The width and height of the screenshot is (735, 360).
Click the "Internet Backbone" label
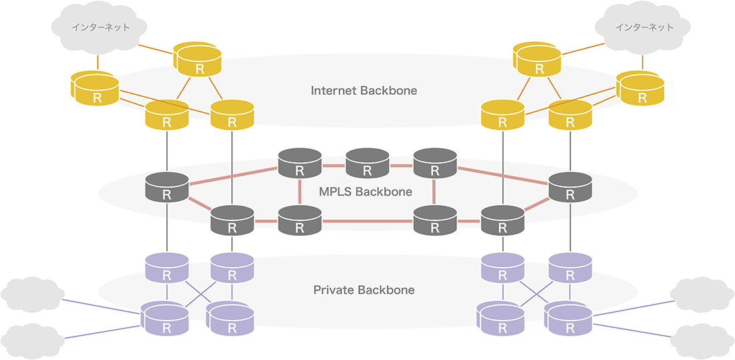coord(363,90)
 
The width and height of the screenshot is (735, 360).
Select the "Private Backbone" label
coord(363,290)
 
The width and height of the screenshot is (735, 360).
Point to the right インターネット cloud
coord(643,28)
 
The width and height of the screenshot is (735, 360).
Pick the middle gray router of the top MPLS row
coord(367,164)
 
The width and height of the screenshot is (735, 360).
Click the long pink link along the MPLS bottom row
coord(367,221)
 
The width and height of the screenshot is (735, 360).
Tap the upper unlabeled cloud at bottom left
coord(32,292)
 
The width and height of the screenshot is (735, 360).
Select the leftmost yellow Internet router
coord(96,91)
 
